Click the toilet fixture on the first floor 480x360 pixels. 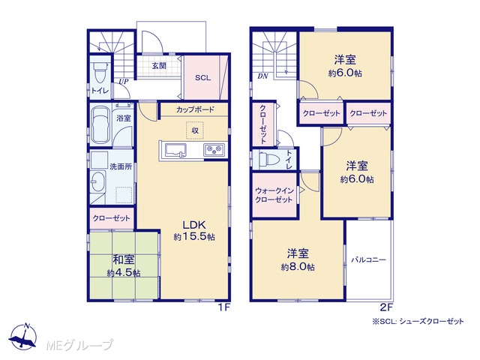[100, 72]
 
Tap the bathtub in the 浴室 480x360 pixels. [100, 124]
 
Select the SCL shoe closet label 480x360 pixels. [203, 78]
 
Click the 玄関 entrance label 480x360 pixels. [159, 65]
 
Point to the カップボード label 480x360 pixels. [195, 109]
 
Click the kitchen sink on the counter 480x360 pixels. [175, 151]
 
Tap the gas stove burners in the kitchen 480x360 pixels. [214, 150]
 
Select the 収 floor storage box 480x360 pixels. [195, 130]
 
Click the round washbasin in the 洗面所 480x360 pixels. [97, 181]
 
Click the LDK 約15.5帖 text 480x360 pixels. [194, 230]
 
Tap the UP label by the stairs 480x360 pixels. [123, 82]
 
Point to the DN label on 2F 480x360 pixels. [262, 76]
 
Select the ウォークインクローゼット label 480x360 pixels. [274, 195]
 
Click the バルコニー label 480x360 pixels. [368, 260]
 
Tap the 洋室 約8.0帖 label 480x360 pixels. [298, 260]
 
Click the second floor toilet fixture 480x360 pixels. [268, 159]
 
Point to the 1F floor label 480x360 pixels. [223, 307]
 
